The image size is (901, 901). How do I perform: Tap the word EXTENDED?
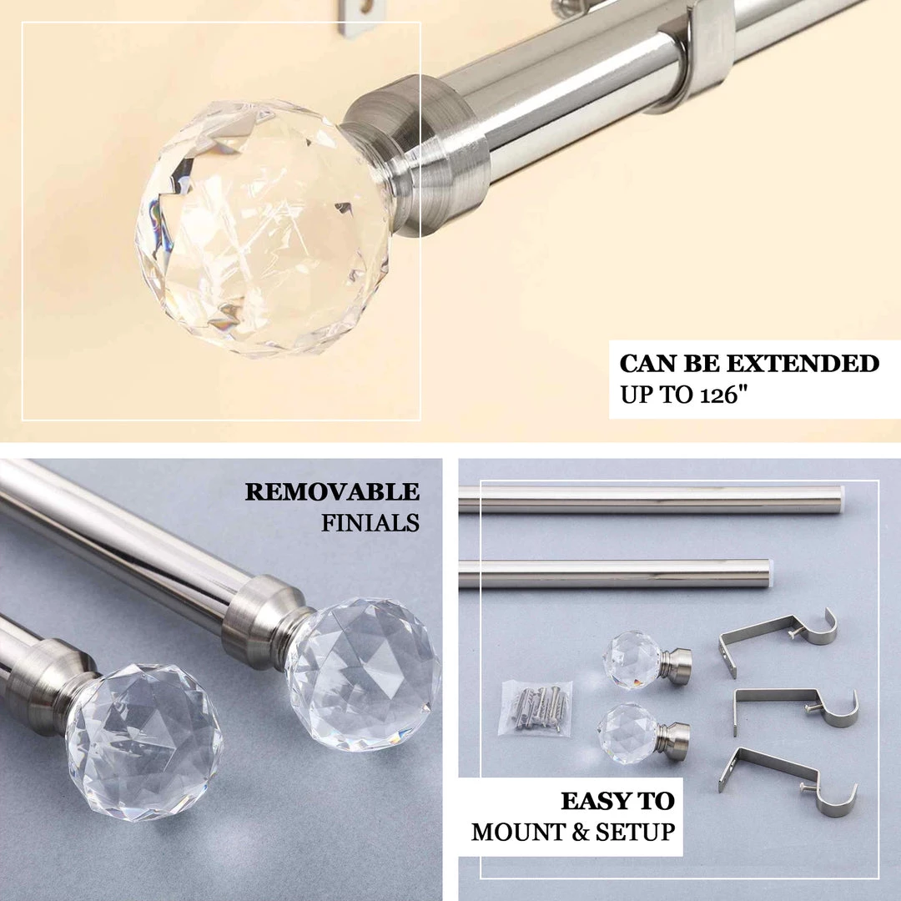[802, 364]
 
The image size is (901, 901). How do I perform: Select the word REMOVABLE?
[331, 492]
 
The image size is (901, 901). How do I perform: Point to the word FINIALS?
[370, 523]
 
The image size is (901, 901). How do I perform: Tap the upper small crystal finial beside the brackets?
[636, 661]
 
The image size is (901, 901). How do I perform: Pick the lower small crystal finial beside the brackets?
[632, 734]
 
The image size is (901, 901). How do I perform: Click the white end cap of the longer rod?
[841, 499]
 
